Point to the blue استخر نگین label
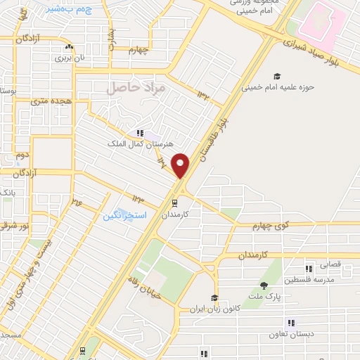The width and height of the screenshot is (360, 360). point(125,215)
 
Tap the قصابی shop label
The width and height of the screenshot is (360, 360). point(331,266)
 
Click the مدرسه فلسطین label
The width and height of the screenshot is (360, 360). point(309,280)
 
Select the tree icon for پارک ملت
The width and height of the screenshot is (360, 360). point(264,285)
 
